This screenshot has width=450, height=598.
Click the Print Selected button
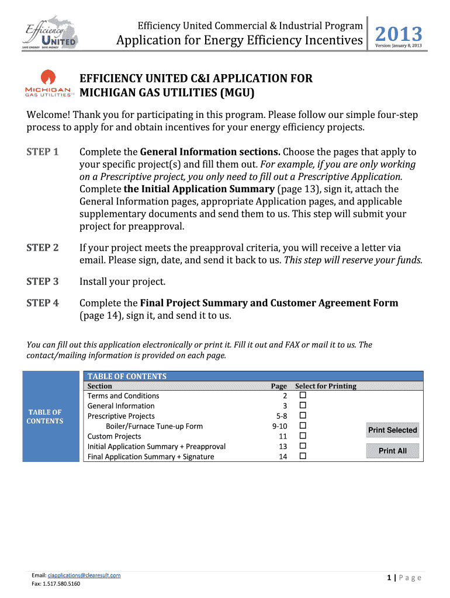tap(392, 430)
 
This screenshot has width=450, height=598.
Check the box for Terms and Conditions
tap(303, 396)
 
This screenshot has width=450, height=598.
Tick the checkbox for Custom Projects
tap(303, 436)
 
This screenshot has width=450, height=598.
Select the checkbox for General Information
tap(303, 406)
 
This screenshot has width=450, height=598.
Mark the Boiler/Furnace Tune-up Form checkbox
tap(303, 426)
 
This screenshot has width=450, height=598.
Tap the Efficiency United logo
tap(51, 33)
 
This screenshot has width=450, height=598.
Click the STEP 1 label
tap(43, 152)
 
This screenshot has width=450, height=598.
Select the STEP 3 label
tap(43, 282)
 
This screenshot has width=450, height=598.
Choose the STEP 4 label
tap(43, 303)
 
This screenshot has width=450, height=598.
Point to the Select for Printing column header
tap(326, 386)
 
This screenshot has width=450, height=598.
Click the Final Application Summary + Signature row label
tap(151, 457)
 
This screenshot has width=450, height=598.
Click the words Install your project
tap(123, 282)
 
